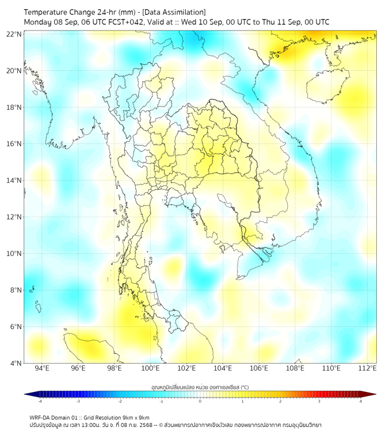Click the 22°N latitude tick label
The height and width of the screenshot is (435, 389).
[14, 35]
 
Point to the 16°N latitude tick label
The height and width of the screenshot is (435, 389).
[14, 144]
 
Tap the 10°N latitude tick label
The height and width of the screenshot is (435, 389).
[14, 254]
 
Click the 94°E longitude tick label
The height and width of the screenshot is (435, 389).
[42, 368]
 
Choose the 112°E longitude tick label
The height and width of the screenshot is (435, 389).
[367, 368]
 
